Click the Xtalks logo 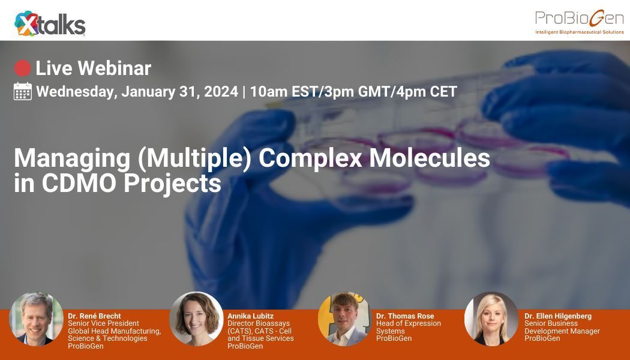50,24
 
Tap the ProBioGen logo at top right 579,22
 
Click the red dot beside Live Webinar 22,68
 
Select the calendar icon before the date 22,92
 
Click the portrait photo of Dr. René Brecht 36,319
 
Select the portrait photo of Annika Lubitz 196,319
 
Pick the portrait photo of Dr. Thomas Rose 344,319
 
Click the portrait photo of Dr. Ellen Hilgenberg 491,319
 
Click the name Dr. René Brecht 94,316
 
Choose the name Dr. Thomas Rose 405,316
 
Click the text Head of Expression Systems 408,327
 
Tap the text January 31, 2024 179,92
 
